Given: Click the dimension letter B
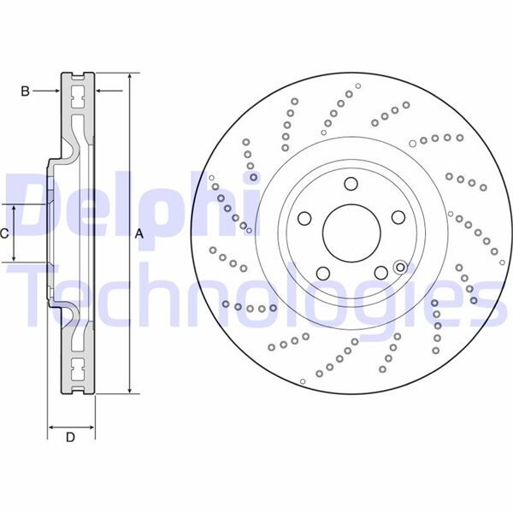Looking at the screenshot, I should [26, 90].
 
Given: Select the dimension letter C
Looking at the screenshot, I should [5, 233].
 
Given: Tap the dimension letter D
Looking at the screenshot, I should [71, 439].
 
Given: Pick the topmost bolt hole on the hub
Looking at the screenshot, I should [351, 184].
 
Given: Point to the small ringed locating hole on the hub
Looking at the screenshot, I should [400, 268].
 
